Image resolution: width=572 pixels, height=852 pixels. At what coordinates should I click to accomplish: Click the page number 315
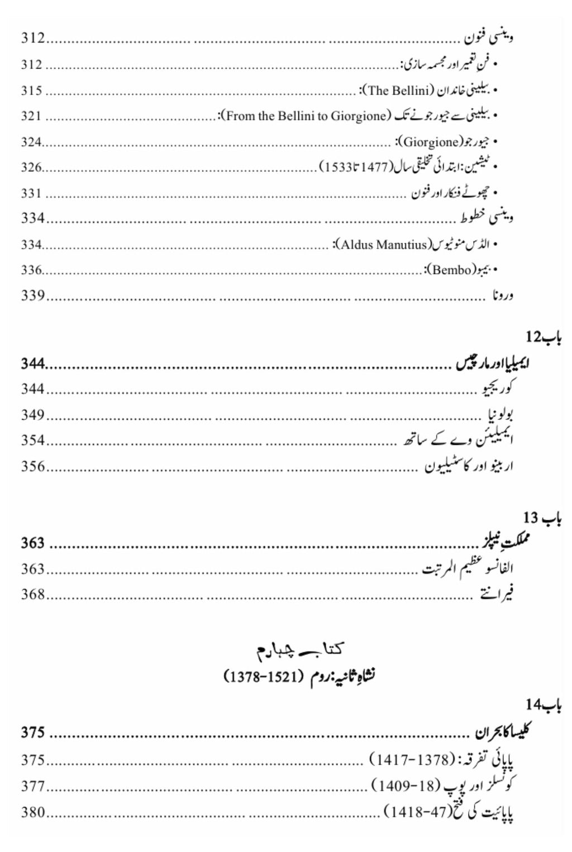pos(32,90)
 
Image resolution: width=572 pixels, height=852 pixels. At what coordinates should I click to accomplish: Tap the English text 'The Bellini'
pos(398,90)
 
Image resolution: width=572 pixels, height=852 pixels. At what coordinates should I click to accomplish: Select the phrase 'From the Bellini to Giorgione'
pos(306,116)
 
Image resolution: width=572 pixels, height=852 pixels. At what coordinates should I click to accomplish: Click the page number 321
pos(32,116)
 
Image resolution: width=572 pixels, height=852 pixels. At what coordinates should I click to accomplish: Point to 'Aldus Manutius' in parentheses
pos(384,245)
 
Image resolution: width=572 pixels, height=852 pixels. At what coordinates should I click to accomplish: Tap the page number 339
pos(32,295)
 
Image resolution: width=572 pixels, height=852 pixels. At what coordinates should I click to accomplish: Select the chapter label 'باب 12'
pos(543,337)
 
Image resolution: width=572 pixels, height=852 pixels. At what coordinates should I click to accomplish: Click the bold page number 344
pos(32,364)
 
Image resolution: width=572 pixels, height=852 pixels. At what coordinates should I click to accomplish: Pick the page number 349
pos(32,415)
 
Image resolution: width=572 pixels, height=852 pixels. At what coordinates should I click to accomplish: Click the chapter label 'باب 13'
pos(542,519)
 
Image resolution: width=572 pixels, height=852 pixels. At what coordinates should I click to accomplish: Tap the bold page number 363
pos(32,543)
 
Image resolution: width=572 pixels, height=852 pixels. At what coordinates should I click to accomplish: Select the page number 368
pos(32,594)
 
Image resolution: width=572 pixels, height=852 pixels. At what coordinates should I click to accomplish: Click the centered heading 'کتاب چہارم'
pos(300,649)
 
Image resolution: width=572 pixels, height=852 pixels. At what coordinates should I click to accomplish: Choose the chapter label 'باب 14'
pos(543,705)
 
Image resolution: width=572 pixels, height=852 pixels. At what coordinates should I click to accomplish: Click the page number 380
pos(32,812)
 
